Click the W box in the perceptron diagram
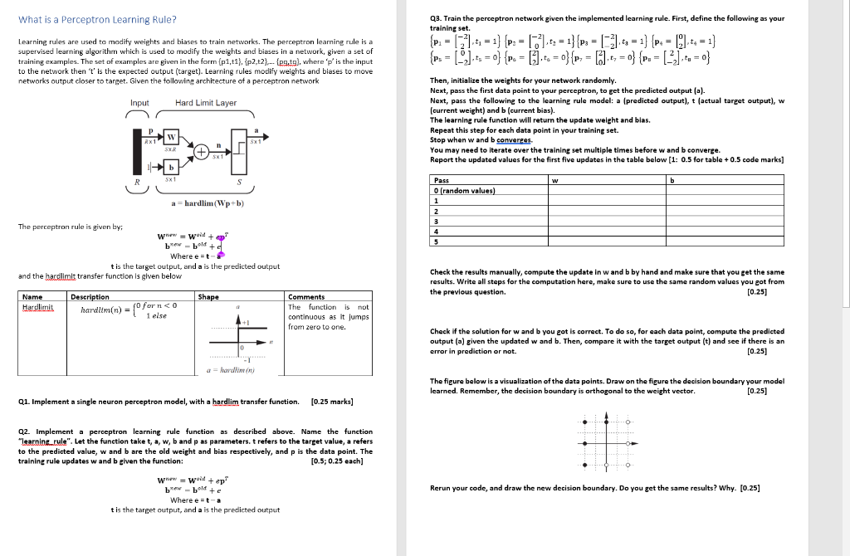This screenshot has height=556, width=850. [x=171, y=136]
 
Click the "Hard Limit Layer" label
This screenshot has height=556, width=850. [x=206, y=103]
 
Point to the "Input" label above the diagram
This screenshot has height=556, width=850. [x=140, y=103]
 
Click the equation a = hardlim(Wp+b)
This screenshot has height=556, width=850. [x=208, y=203]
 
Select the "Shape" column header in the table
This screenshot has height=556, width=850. [x=208, y=296]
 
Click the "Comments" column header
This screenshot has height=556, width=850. [x=305, y=296]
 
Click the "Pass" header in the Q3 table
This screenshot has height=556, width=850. [x=442, y=180]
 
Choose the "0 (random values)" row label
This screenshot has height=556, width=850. [x=464, y=190]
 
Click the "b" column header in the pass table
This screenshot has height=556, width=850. [x=673, y=180]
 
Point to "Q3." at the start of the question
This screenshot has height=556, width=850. [x=437, y=18]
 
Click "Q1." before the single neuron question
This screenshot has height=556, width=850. [x=26, y=402]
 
